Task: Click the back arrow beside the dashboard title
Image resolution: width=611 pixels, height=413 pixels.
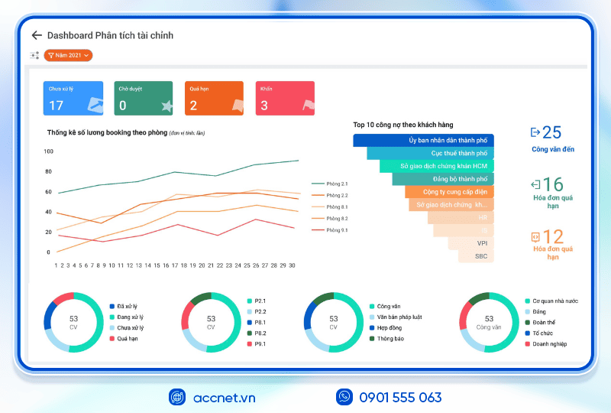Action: click(x=36, y=35)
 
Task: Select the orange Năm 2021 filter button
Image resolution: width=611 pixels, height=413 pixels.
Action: click(x=68, y=55)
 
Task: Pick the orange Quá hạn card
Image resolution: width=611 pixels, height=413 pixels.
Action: click(x=215, y=98)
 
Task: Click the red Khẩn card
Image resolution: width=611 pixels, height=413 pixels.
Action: click(x=285, y=98)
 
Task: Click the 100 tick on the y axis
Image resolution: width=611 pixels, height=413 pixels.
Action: click(x=48, y=151)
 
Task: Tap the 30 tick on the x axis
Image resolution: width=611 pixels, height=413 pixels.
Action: click(x=292, y=265)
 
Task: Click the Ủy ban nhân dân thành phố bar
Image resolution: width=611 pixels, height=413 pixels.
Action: click(x=423, y=141)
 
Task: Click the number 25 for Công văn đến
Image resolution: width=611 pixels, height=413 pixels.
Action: click(x=551, y=132)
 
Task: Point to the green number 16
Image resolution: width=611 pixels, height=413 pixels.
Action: click(x=552, y=184)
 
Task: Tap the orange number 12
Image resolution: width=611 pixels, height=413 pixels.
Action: click(x=552, y=237)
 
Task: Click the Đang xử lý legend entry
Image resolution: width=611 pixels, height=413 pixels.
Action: click(x=131, y=317)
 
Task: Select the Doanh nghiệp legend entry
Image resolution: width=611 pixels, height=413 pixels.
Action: click(x=549, y=343)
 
